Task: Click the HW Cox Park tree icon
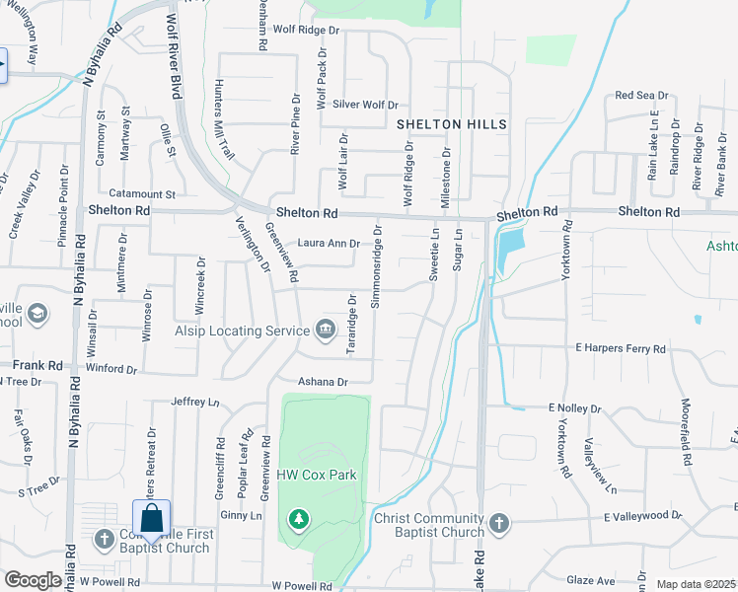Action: click(x=298, y=518)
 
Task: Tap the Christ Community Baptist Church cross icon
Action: click(x=500, y=522)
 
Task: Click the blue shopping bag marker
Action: click(x=151, y=518)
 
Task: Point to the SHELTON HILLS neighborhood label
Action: click(x=452, y=124)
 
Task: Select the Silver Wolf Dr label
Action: click(x=365, y=105)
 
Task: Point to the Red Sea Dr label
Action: click(x=641, y=95)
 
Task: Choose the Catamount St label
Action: click(x=142, y=193)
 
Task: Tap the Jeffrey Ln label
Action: click(x=193, y=402)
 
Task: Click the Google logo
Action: click(x=33, y=579)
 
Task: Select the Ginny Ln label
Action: click(x=241, y=515)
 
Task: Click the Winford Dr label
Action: click(x=110, y=369)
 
